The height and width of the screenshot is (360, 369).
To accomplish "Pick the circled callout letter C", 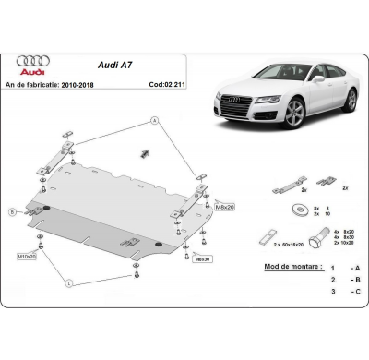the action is click(70, 280).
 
